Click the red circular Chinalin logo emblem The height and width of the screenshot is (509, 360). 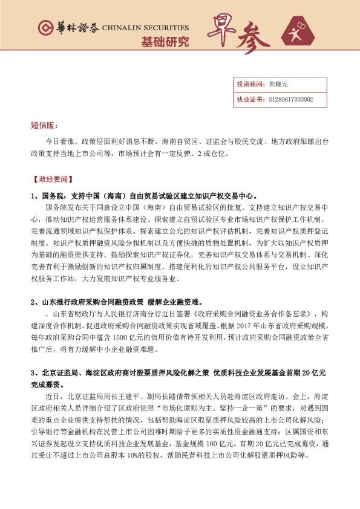[45, 28]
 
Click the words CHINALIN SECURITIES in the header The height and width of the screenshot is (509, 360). [146, 28]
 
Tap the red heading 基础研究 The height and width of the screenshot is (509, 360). [165, 42]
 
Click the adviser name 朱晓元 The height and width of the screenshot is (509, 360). [279, 85]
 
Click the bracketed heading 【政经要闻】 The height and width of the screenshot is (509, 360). [52, 180]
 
